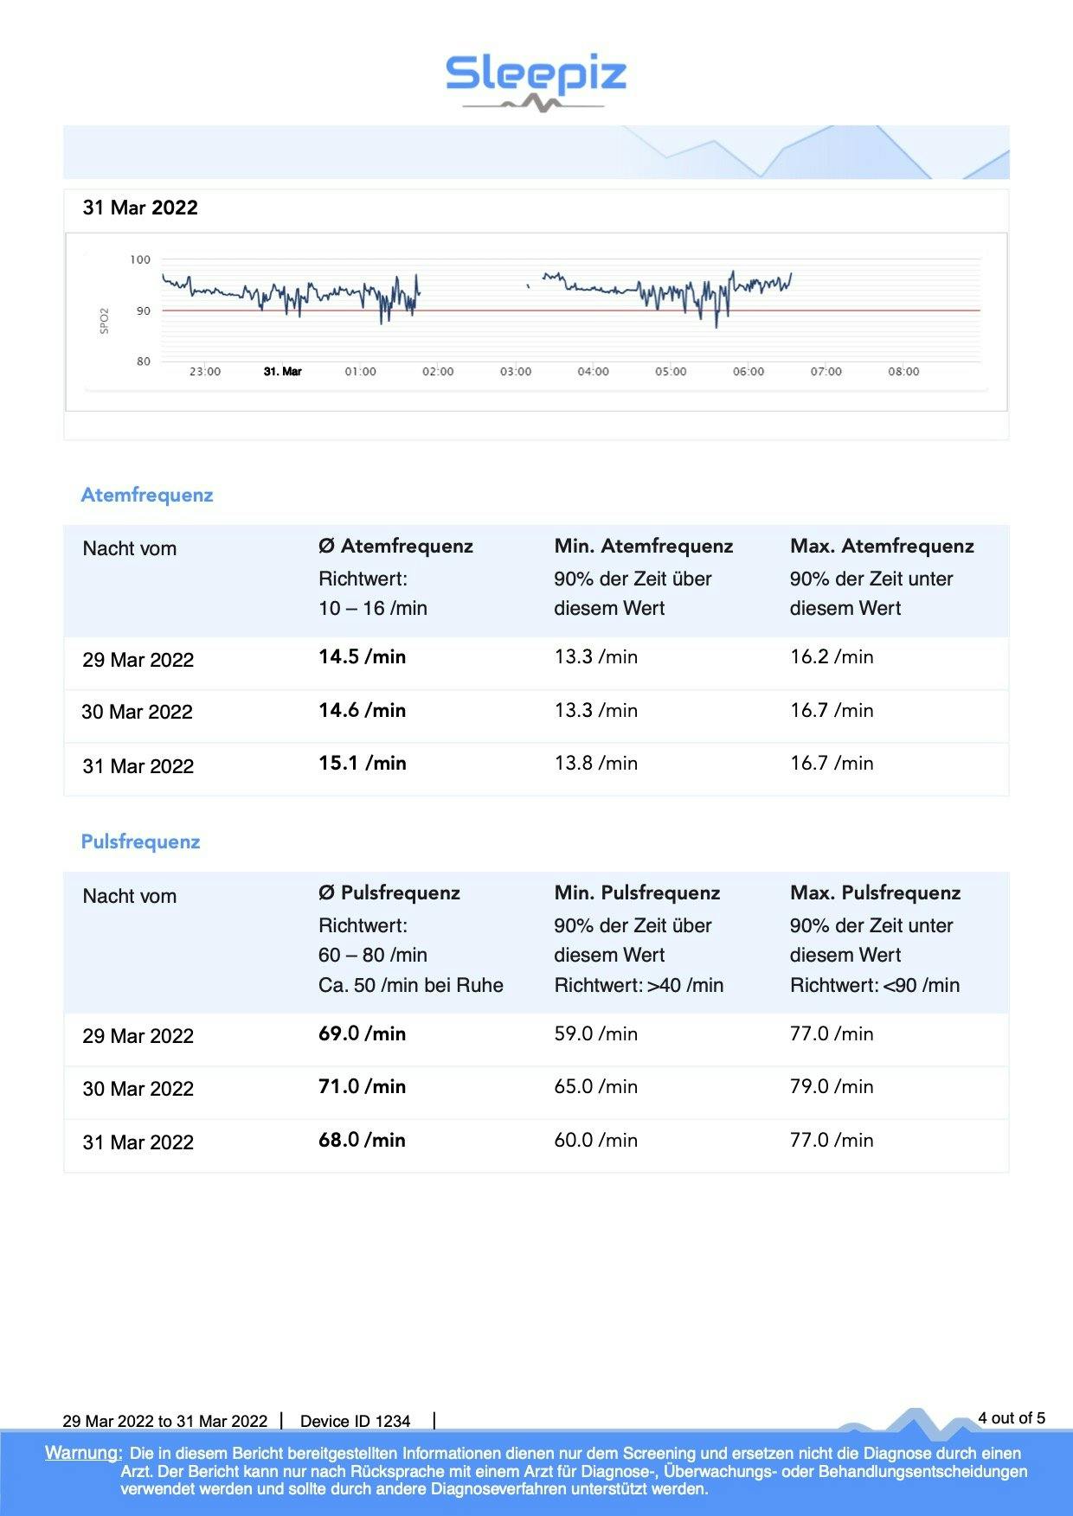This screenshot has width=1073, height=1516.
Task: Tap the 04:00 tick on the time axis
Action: tap(593, 372)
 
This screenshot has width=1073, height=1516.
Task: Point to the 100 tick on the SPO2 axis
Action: tap(140, 259)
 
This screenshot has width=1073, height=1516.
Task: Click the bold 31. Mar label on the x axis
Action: tap(282, 372)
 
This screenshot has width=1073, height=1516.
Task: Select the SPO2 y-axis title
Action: tap(105, 320)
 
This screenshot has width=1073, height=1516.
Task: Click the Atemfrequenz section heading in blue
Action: tap(146, 496)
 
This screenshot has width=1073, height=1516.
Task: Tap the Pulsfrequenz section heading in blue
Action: tap(140, 842)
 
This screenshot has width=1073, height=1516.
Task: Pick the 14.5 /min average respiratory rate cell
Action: tap(362, 657)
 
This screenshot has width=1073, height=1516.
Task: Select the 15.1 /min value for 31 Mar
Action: tap(362, 764)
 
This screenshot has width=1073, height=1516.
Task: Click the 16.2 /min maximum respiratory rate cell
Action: tap(832, 657)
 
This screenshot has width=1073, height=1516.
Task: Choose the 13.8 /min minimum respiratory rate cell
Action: tap(595, 764)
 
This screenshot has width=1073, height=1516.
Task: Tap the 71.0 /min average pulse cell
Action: tap(362, 1087)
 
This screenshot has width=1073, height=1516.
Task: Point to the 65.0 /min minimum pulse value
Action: tap(595, 1087)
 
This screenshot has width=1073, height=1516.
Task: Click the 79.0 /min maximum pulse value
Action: tap(832, 1087)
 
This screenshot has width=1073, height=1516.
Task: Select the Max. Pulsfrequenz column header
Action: tap(875, 893)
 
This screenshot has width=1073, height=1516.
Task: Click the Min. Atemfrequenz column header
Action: tap(643, 547)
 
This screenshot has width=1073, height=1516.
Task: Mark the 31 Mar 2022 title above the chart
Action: tap(140, 208)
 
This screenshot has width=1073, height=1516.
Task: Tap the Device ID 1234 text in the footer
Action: tap(355, 1421)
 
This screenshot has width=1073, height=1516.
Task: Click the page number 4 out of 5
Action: tap(1011, 1418)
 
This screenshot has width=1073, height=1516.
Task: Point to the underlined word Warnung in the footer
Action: tap(83, 1453)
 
